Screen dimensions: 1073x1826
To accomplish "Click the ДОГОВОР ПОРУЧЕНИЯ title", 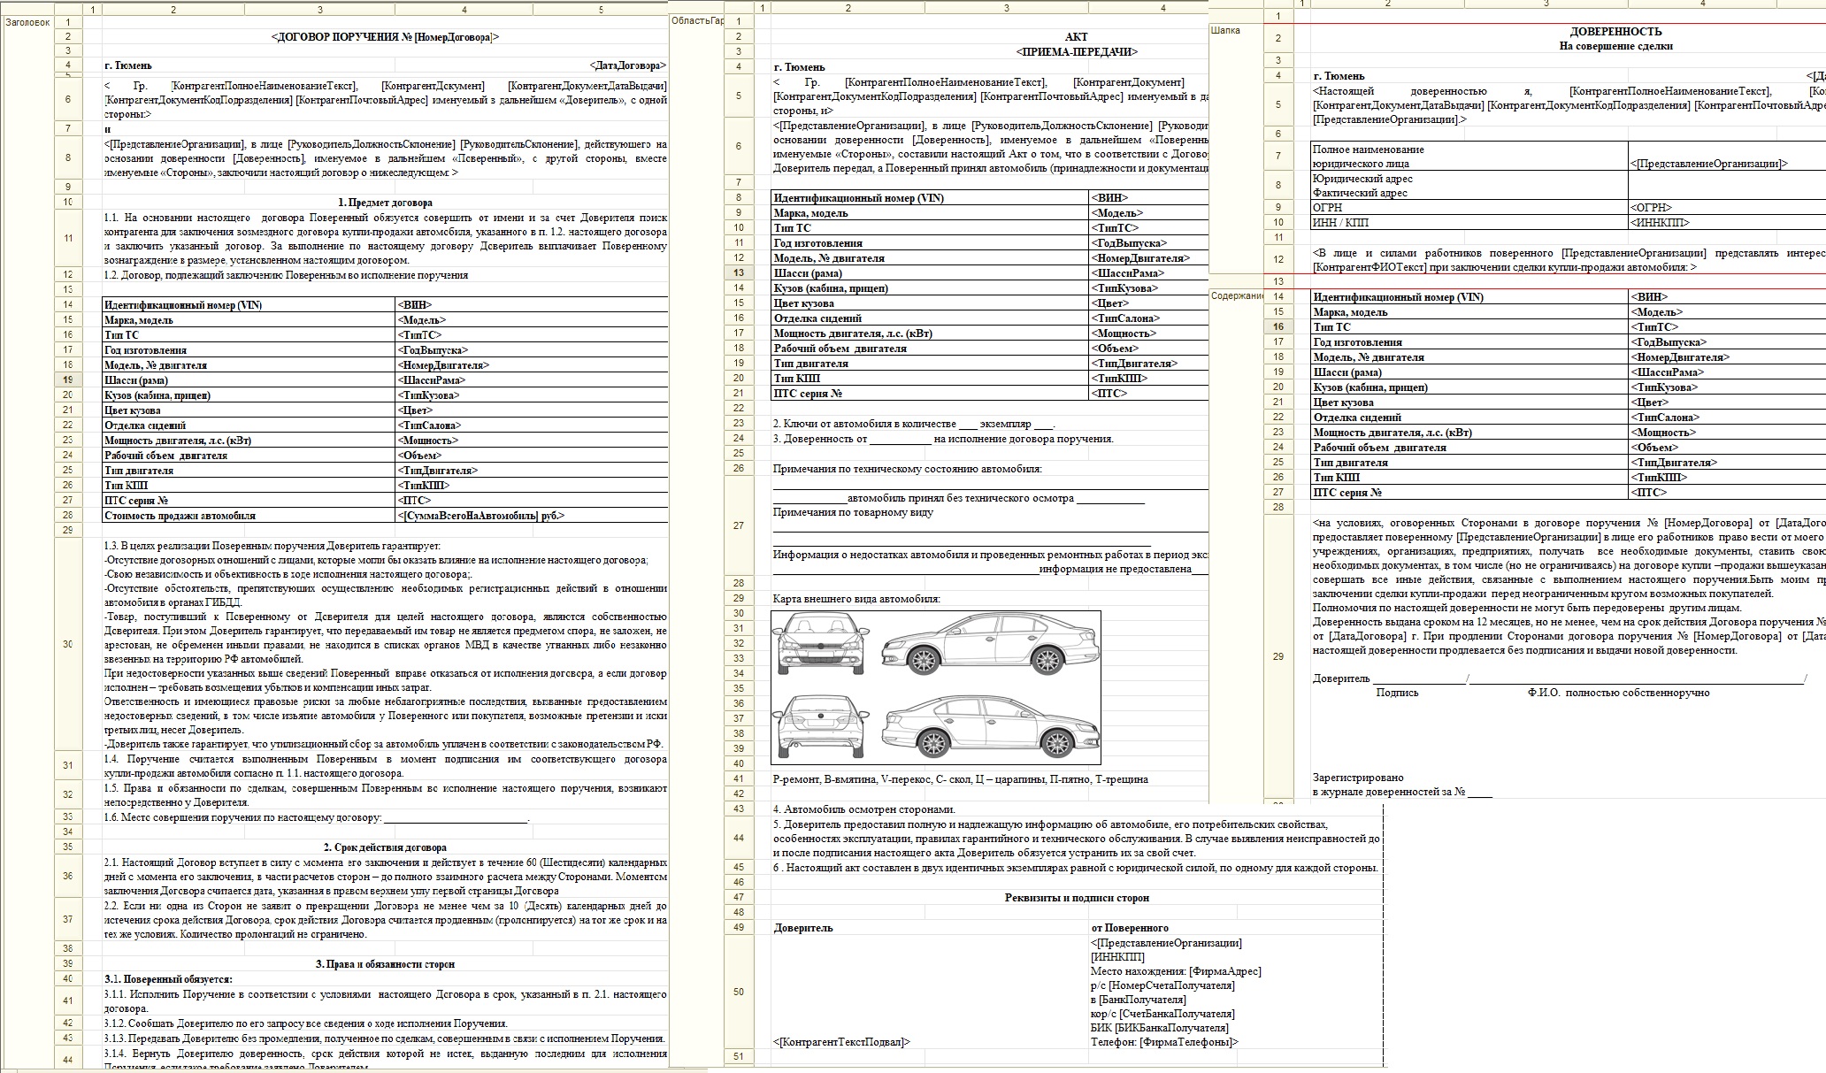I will click(385, 37).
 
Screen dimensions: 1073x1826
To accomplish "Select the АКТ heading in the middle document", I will click(1076, 37).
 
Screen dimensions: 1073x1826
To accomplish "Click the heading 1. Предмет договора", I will click(385, 203).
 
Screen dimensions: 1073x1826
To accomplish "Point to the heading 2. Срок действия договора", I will click(385, 847).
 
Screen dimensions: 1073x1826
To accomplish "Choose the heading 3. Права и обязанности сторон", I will click(385, 963).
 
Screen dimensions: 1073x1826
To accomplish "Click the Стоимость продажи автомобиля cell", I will click(180, 516).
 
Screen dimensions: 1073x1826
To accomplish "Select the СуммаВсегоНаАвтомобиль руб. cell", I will click(481, 516).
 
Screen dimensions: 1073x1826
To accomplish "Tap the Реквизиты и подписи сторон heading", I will click(1076, 897).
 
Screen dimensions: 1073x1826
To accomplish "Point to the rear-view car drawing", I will click(817, 724).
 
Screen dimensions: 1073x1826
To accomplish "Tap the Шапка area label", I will click(1225, 30).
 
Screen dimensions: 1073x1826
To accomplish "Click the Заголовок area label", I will click(27, 22).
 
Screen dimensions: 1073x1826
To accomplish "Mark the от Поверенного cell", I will click(1130, 928).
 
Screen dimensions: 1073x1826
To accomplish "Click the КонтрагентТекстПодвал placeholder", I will click(841, 1042).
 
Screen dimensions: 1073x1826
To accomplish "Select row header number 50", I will click(738, 992).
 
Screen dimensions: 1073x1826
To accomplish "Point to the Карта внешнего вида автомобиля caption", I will click(856, 599).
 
